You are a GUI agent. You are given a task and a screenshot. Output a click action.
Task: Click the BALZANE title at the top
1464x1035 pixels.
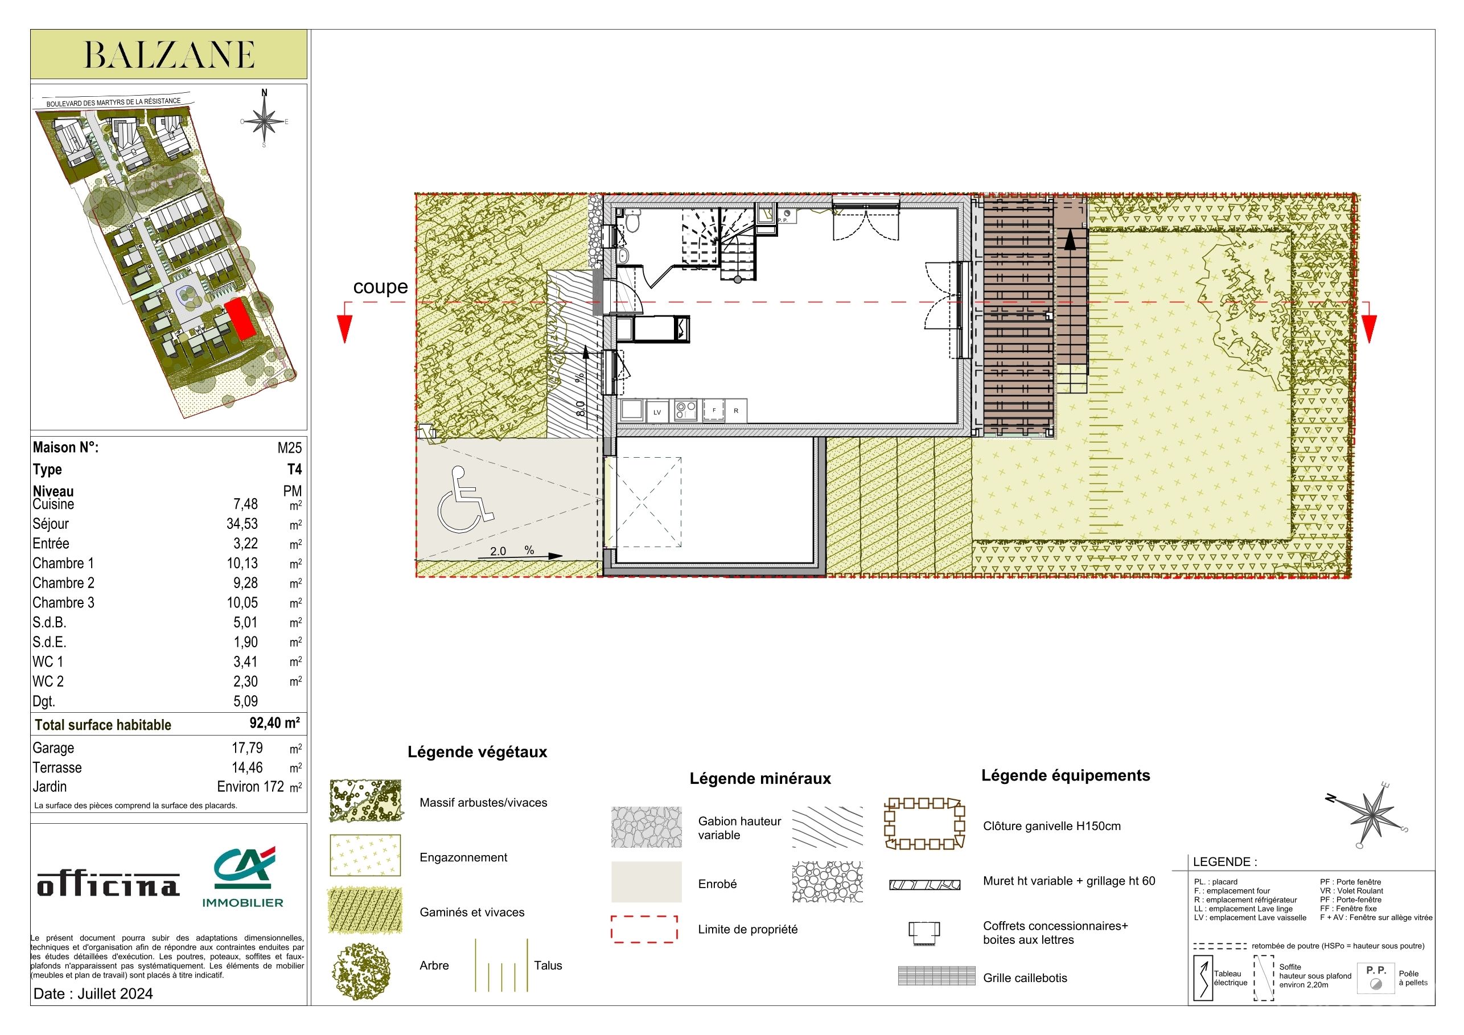click(x=170, y=55)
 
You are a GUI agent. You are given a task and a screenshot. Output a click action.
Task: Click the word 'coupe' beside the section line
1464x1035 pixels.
click(x=381, y=287)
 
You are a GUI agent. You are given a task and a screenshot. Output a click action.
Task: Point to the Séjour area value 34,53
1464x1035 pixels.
click(x=242, y=524)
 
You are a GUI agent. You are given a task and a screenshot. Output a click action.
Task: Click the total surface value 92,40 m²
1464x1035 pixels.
click(x=274, y=723)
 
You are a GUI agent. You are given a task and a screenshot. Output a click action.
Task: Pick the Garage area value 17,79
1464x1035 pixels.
click(x=248, y=748)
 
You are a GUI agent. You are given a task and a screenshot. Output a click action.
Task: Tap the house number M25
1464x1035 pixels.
click(x=290, y=447)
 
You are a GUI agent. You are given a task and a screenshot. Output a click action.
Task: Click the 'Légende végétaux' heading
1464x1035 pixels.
click(x=478, y=753)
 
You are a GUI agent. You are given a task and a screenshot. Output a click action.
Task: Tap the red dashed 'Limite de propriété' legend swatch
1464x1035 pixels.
click(x=644, y=929)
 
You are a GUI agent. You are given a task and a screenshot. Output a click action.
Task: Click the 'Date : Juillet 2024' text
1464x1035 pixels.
click(x=93, y=993)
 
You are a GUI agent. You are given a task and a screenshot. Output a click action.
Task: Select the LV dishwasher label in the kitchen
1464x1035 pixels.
click(x=657, y=413)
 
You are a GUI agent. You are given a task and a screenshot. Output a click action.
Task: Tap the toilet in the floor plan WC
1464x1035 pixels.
click(x=632, y=222)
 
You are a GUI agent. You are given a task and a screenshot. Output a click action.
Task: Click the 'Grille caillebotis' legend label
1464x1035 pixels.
click(x=1025, y=977)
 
